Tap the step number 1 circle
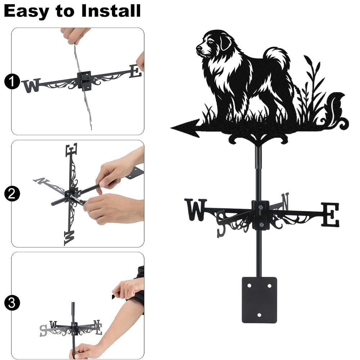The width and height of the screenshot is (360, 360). [12, 82]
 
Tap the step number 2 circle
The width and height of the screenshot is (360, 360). [12, 194]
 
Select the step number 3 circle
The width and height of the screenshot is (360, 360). [12, 303]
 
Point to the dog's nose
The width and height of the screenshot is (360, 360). [198, 48]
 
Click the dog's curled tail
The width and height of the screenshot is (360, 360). [276, 57]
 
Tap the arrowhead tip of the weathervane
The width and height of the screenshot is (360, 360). [171, 128]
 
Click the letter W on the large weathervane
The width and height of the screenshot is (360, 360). [195, 210]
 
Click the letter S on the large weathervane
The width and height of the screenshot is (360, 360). [221, 224]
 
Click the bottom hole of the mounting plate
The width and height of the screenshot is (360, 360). [259, 315]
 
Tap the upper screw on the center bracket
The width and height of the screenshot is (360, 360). [260, 207]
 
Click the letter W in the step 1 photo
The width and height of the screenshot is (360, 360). [31, 85]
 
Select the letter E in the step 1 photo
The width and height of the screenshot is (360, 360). [135, 71]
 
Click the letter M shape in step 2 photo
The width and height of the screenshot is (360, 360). [69, 238]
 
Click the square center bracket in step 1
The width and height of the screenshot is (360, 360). [84, 81]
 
